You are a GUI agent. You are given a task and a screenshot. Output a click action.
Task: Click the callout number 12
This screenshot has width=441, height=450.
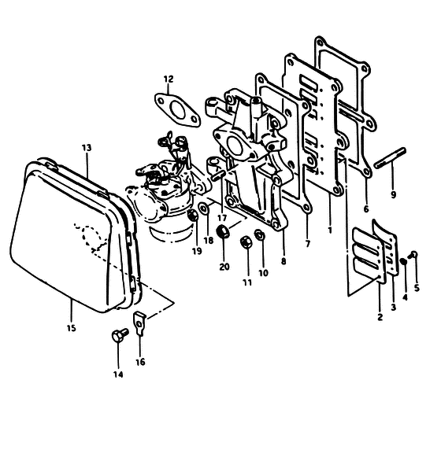[x=169, y=79]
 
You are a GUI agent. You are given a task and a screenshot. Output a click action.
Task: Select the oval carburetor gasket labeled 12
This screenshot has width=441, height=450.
[x=177, y=109]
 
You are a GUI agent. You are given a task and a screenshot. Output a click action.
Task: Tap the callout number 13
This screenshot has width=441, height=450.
[x=87, y=148]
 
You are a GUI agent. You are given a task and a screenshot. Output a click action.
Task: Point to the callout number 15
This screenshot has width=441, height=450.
[x=71, y=328]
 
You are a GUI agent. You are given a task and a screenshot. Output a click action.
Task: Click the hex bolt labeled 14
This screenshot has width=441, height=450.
[x=120, y=334]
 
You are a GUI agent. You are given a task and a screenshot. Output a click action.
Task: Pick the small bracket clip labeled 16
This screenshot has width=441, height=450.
[x=139, y=323]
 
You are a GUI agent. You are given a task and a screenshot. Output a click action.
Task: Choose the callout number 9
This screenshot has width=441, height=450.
[x=393, y=194]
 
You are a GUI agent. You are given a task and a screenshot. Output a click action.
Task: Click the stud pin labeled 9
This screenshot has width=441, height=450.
[x=390, y=158]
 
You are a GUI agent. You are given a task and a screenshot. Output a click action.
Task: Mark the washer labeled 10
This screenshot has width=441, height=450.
[x=259, y=235]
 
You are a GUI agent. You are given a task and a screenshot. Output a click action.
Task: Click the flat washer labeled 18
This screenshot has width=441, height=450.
[x=204, y=208]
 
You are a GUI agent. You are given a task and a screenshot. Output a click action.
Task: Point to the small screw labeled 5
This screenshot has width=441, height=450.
[x=413, y=254]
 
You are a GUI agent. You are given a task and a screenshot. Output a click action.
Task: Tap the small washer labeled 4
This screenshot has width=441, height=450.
[x=403, y=261]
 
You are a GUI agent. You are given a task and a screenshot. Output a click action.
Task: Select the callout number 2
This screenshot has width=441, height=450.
[x=380, y=317]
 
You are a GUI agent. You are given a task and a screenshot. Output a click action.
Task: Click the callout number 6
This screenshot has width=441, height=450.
[x=366, y=209]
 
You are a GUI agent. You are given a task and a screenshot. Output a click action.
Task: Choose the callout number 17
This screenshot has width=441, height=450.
[x=222, y=218]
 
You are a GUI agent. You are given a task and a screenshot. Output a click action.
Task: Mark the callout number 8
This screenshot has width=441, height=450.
[x=283, y=261]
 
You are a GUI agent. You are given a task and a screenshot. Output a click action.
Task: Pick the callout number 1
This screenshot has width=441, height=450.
[x=330, y=230]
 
